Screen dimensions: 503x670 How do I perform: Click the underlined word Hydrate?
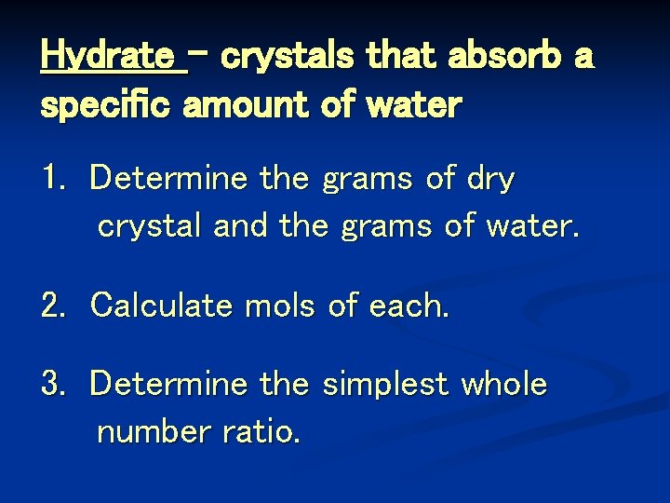(x=112, y=58)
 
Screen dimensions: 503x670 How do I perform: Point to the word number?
(x=153, y=432)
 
